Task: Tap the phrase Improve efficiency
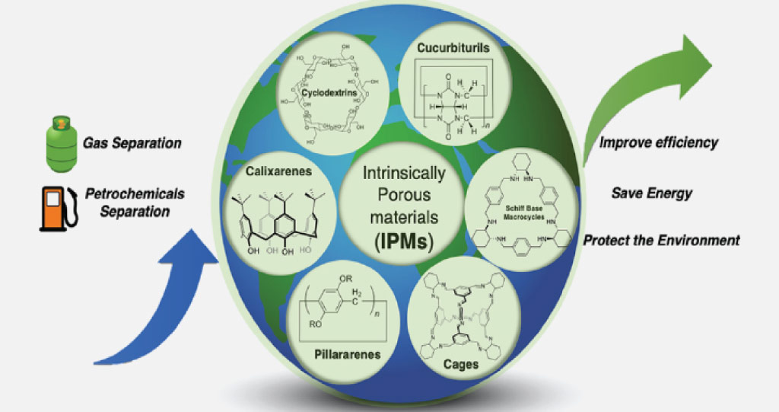tap(658, 142)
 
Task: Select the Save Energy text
tap(651, 193)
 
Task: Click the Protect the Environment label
tap(661, 241)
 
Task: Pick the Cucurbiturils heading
tap(453, 47)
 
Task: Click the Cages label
tap(462, 365)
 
